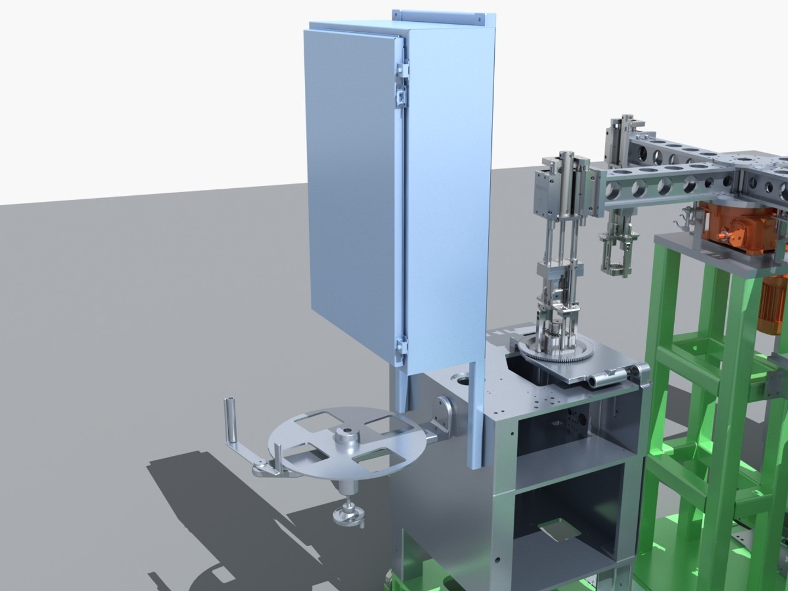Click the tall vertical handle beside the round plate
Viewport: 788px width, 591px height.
tap(231, 422)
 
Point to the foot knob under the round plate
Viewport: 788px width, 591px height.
tap(347, 515)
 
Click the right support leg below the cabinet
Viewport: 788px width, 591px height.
tap(476, 416)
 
